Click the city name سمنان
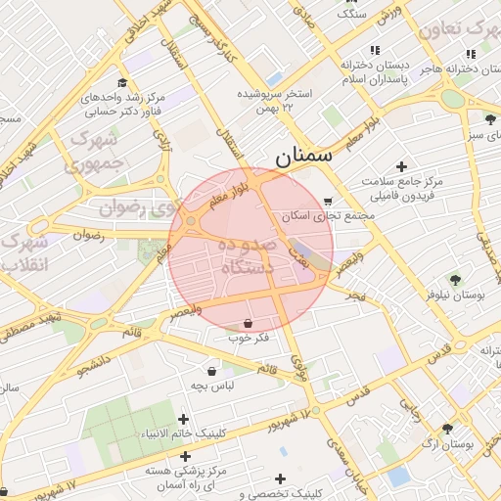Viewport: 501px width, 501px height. point(303,154)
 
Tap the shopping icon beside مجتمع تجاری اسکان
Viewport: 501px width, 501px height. point(327,202)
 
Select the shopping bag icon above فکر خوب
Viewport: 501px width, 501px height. point(249,323)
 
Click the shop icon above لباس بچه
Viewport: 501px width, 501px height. point(212,371)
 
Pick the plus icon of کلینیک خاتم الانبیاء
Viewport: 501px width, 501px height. point(183,419)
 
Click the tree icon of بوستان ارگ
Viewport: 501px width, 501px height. point(447,429)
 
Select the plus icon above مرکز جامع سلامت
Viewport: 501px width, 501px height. point(401,165)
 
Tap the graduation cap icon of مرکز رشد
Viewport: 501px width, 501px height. point(121,83)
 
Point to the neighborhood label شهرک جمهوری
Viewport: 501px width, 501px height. point(95,152)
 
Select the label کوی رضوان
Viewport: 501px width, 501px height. point(127,207)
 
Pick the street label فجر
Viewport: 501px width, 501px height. point(353,294)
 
